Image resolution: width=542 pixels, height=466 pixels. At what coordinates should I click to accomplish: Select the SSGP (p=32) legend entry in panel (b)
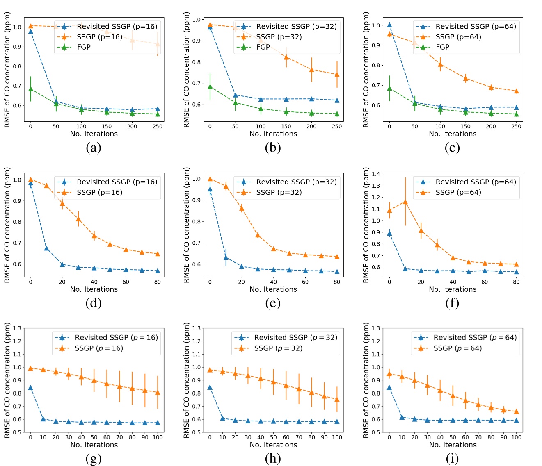point(279,37)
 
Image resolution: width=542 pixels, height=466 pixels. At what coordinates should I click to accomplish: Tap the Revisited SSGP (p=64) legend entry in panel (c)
point(476,26)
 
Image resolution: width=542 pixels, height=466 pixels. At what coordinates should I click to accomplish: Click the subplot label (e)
point(273,303)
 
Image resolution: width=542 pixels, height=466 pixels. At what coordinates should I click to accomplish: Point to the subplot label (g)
point(94,458)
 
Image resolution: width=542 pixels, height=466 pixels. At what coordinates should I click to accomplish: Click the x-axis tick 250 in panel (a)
point(158,126)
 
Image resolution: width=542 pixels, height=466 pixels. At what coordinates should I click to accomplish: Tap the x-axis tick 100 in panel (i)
point(516,437)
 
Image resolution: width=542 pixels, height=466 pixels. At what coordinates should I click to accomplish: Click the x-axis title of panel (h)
point(273,445)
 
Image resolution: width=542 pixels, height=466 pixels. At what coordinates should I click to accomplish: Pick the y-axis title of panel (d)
point(7,225)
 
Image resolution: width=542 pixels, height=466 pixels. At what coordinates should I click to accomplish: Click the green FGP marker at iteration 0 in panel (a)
point(31,89)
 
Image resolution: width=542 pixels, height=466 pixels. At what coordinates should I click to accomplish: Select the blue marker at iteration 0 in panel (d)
point(31,183)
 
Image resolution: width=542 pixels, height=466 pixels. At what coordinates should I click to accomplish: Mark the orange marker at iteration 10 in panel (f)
point(405,202)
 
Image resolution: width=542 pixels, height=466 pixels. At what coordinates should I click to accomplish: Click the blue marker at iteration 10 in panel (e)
point(226,257)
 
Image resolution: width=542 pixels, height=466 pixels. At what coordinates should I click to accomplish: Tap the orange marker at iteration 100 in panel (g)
point(158,393)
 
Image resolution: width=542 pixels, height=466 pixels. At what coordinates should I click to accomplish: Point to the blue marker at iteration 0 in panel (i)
point(389,387)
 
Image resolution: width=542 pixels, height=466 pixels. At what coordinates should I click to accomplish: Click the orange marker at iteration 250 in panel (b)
point(337,75)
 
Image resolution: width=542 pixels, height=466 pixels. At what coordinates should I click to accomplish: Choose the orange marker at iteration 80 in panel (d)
point(158,254)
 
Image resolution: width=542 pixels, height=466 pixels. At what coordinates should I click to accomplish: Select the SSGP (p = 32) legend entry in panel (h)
point(278,348)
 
